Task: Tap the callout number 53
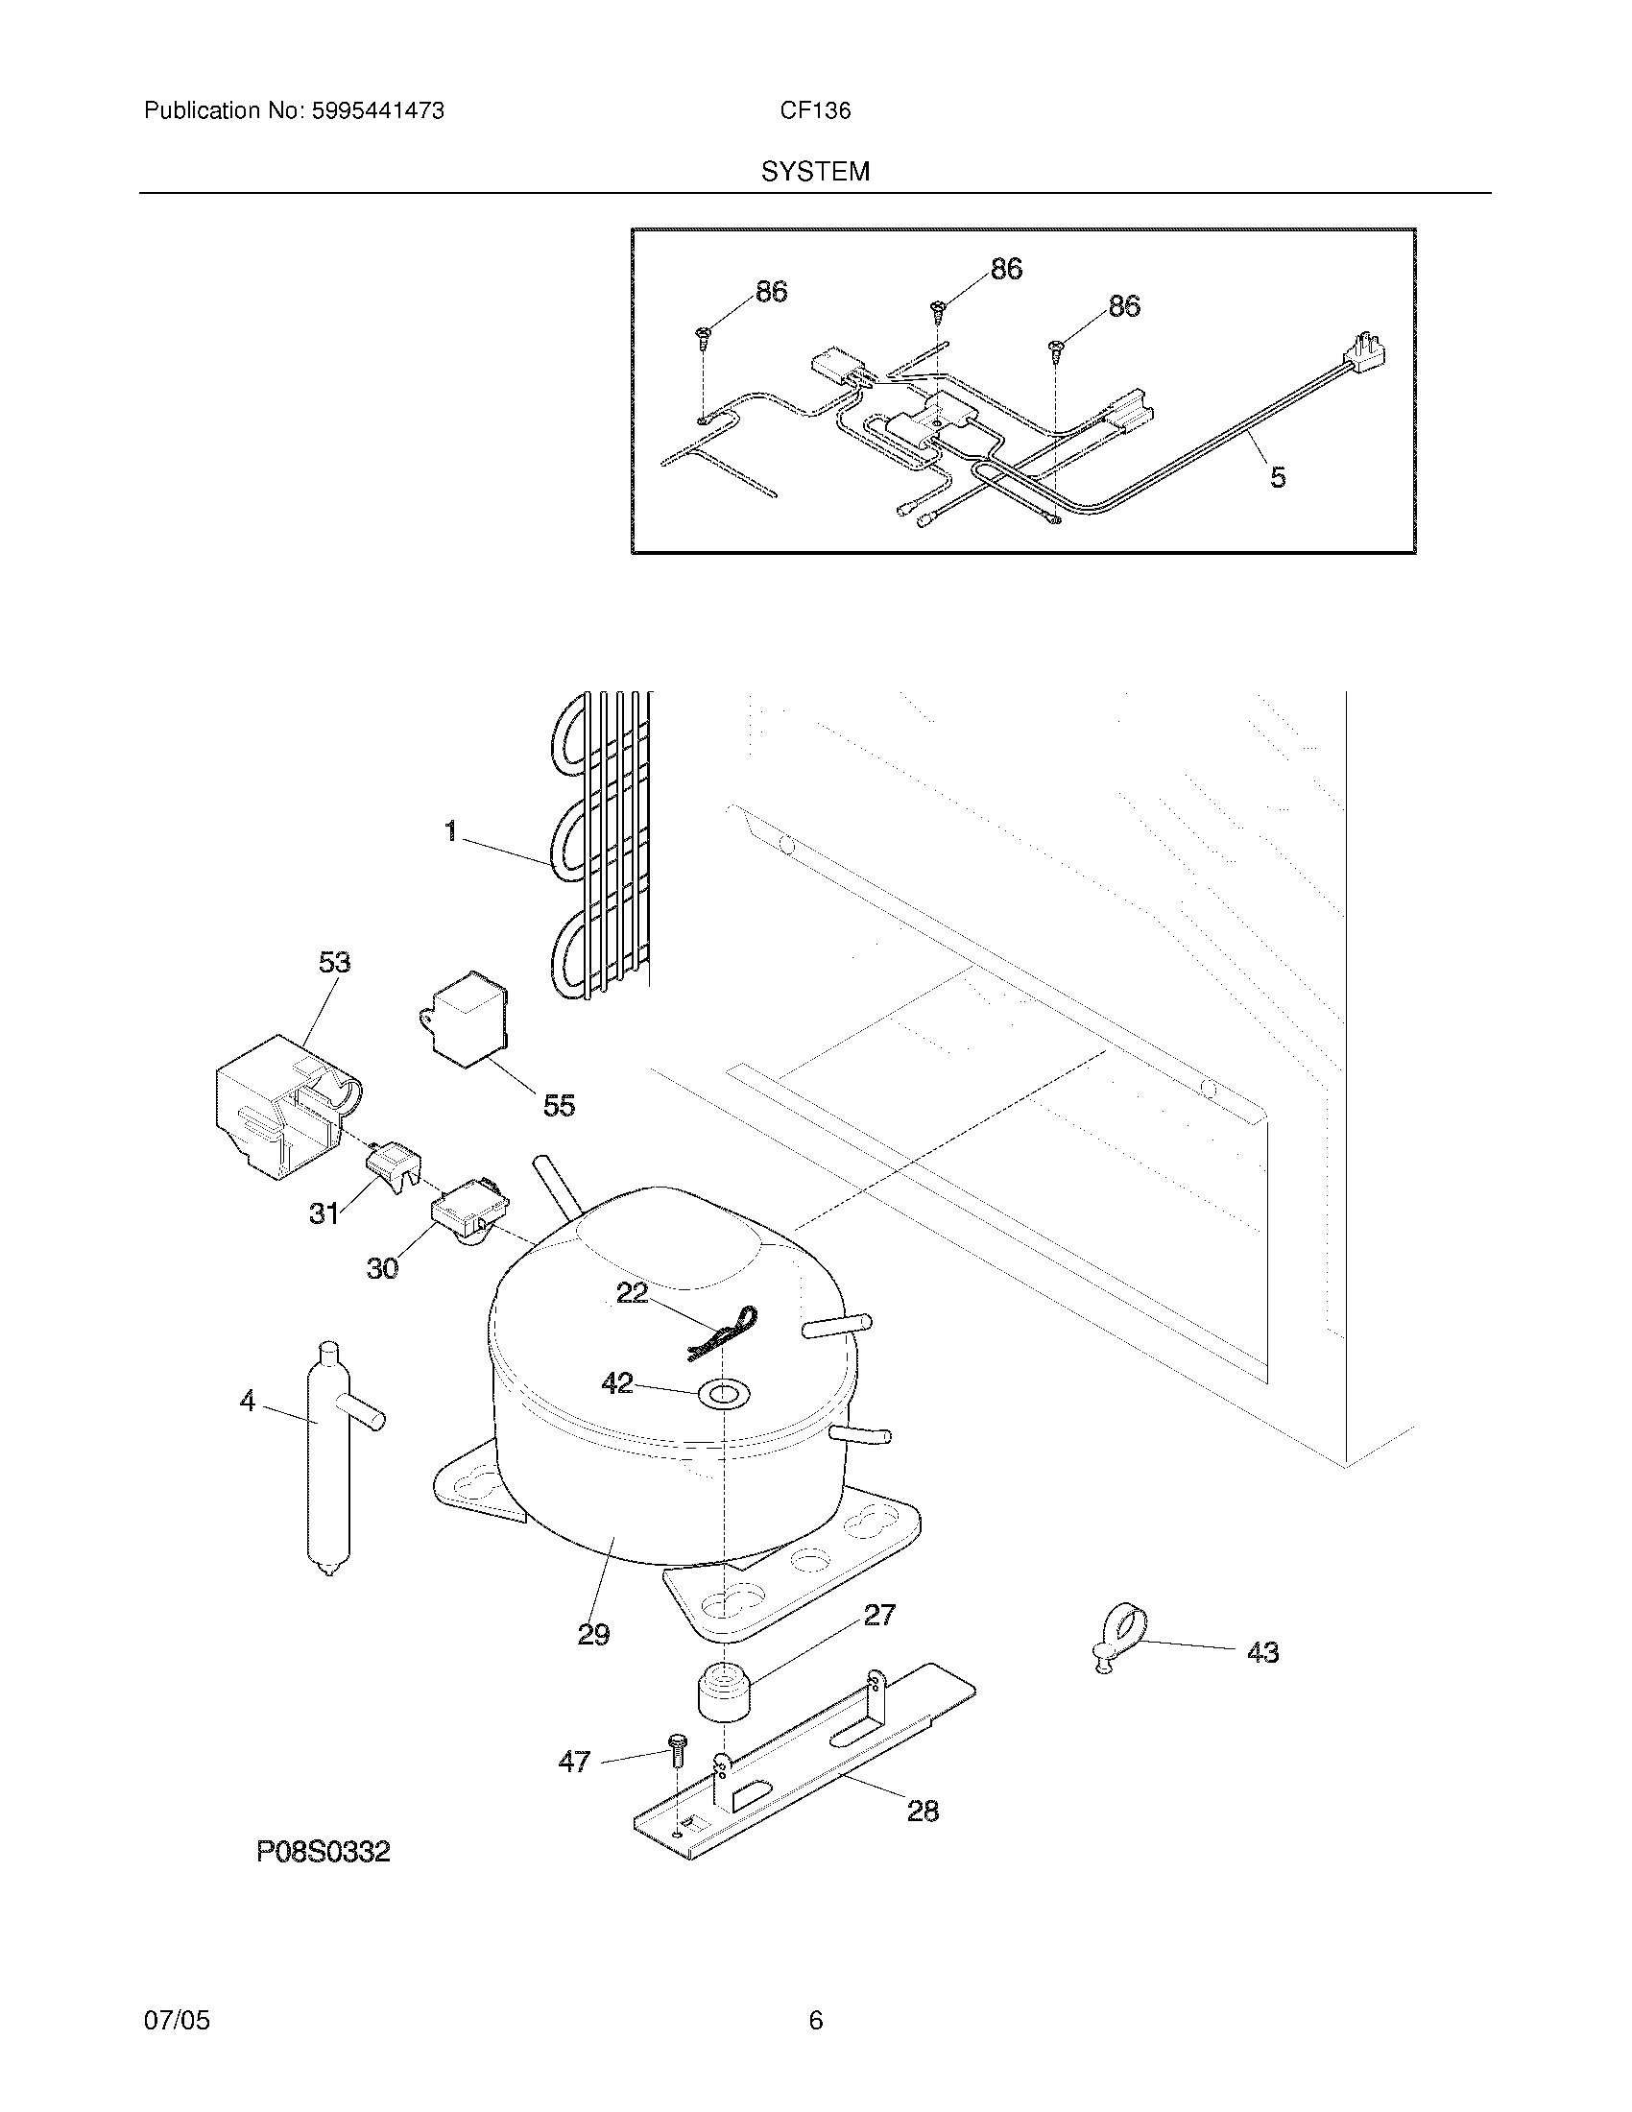coord(334,962)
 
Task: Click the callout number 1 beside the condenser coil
coord(450,830)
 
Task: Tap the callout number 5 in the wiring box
coord(1278,477)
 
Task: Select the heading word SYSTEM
coord(815,172)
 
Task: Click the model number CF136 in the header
coord(815,111)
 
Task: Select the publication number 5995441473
coord(377,111)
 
